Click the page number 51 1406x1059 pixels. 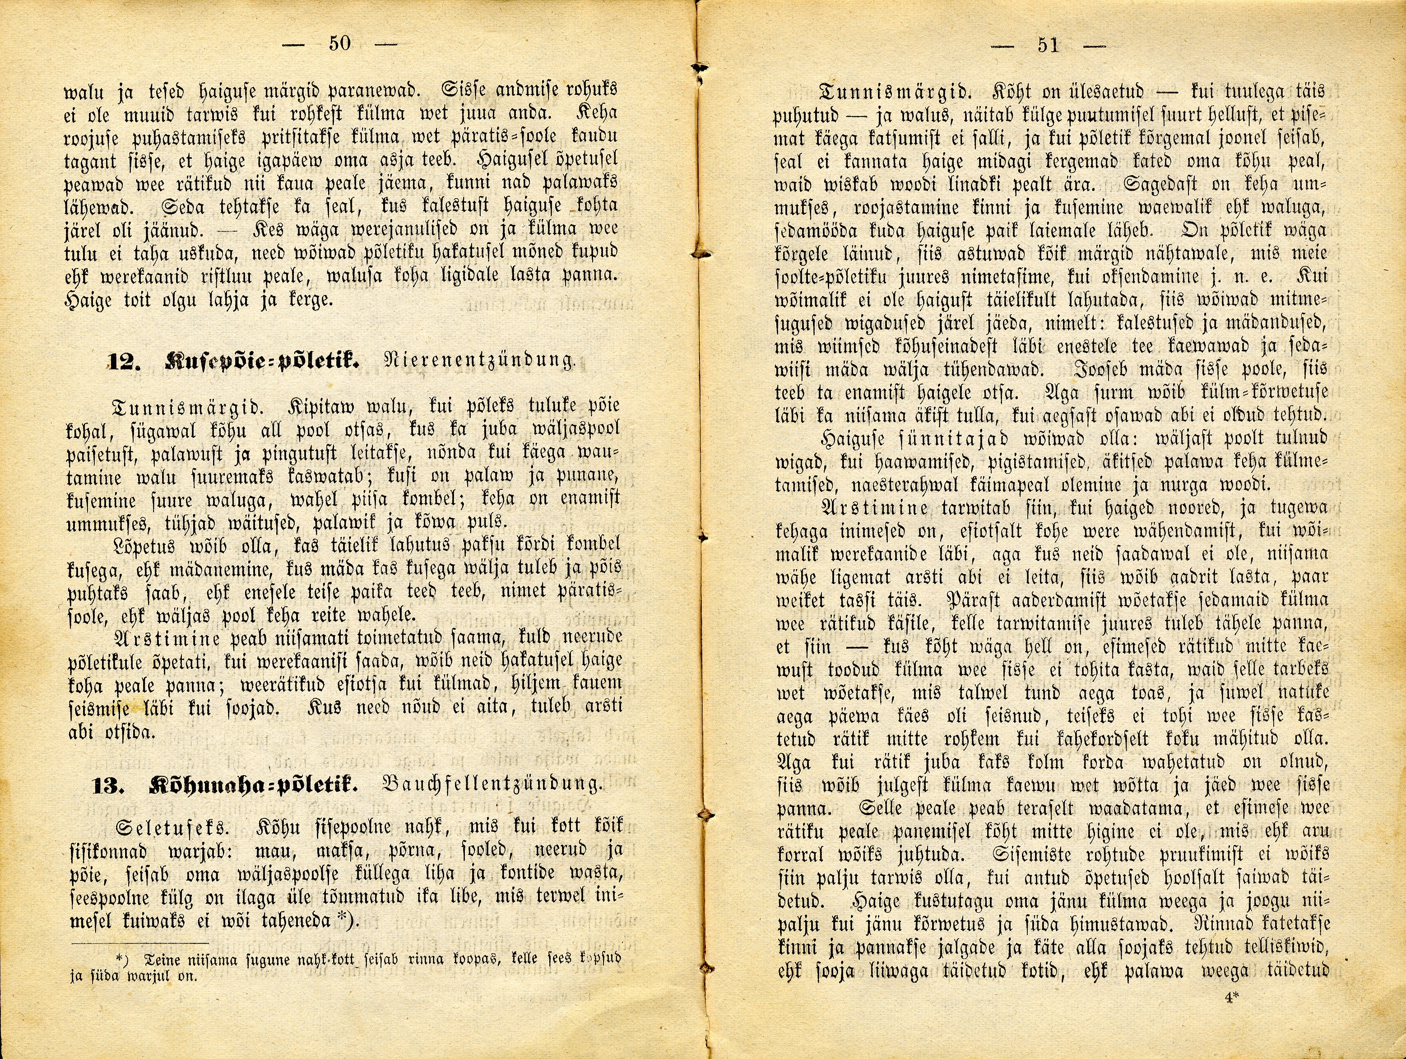1048,45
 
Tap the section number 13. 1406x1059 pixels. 107,785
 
